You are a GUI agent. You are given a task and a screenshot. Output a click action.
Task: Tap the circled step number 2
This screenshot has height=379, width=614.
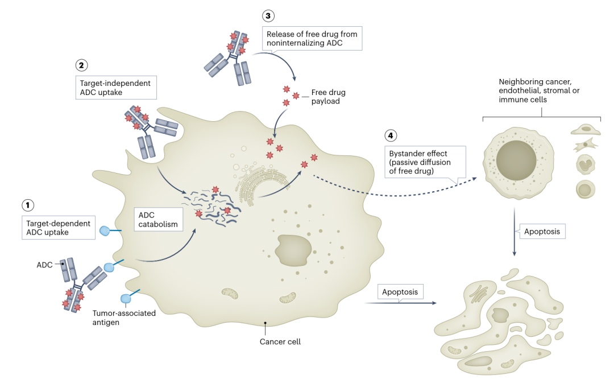(x=82, y=65)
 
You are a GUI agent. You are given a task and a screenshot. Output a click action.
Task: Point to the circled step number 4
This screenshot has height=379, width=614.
(x=390, y=135)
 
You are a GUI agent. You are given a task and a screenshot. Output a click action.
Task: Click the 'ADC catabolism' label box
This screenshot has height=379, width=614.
(x=157, y=219)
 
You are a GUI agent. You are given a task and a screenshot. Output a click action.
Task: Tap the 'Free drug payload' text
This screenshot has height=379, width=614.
(x=328, y=96)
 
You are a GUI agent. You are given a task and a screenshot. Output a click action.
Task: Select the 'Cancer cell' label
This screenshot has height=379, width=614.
(x=280, y=341)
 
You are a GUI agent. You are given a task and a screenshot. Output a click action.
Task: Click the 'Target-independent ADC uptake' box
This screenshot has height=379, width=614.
(x=115, y=88)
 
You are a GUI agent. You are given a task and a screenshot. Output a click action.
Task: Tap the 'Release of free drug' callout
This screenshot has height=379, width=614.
(x=312, y=39)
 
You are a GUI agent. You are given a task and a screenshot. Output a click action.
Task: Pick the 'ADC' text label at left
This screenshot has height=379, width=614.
(x=44, y=265)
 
